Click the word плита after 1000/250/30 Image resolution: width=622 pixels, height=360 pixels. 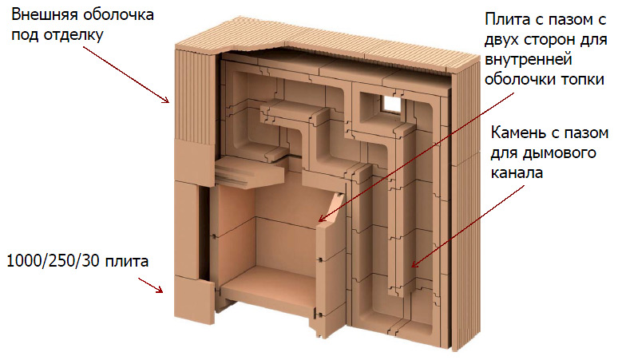(126, 262)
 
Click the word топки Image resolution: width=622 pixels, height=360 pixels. (582, 79)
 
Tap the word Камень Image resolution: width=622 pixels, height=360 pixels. (517, 133)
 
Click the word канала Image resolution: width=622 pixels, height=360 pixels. (517, 173)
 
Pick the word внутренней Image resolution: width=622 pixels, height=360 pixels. (529, 60)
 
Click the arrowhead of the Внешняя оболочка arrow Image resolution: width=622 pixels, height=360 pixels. (166, 100)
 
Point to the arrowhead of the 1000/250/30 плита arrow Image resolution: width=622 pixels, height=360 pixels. (160, 290)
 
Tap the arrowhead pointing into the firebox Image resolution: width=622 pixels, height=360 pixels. (322, 219)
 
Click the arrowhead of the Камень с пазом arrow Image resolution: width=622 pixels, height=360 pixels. (414, 263)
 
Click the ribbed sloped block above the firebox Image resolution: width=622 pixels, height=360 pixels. (249, 171)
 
